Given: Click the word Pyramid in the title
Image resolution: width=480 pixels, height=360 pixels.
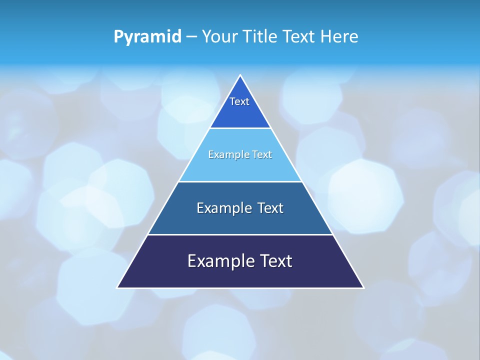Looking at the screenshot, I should coord(147,36).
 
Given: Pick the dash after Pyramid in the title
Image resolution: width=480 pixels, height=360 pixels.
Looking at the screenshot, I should coord(191,37).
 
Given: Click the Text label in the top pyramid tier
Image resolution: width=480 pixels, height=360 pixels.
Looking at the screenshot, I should coord(239,101).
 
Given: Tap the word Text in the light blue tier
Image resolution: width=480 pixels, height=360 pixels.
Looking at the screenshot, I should coord(262,154).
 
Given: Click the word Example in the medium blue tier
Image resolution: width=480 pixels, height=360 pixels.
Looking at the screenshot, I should coord(222,208).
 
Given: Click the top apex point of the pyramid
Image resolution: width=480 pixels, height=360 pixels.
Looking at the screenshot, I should coord(240,75).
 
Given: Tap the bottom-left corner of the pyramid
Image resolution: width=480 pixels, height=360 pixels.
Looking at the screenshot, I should coord(117,287).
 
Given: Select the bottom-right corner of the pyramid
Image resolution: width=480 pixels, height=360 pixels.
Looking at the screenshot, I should coord(363,287).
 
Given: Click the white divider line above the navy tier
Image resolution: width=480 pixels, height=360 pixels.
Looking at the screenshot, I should coord(240,234).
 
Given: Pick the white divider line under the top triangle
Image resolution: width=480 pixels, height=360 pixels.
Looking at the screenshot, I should coord(240,128).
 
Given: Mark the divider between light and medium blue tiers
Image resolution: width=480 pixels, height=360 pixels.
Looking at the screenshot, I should coord(240,181).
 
